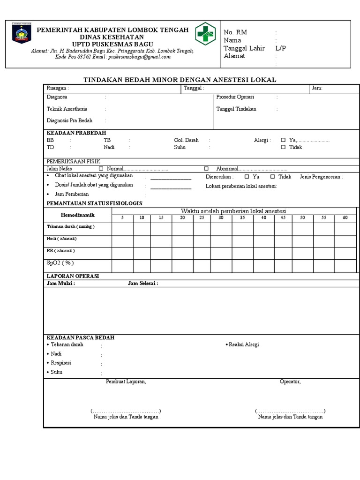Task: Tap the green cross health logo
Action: point(205,34)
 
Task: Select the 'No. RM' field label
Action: point(235,32)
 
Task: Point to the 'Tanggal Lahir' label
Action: point(244,48)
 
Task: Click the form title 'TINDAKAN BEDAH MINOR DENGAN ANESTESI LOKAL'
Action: point(180,80)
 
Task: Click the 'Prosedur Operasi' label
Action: point(235,97)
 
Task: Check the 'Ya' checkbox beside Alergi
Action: point(283,140)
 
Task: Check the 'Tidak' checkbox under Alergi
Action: point(283,147)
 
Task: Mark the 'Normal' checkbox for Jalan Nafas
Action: point(101,168)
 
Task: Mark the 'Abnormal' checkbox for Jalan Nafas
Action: point(206,168)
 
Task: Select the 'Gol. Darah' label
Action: point(186,140)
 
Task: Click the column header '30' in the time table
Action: point(221,218)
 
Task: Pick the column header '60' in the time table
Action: point(345,218)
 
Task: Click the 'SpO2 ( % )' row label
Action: point(60,263)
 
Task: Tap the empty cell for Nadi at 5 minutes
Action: point(122,241)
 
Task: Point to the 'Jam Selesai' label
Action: point(142,284)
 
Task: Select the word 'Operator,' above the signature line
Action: point(290,382)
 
